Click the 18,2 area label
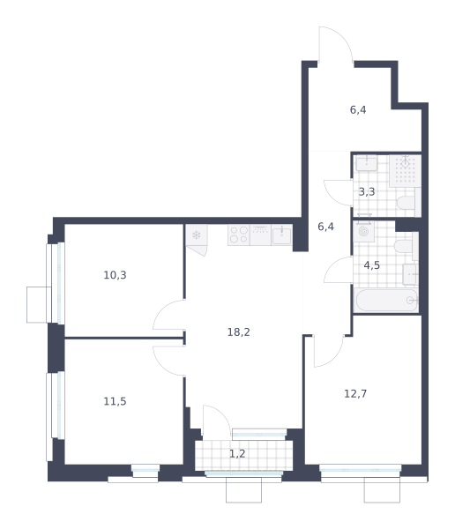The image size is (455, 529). tap(239, 332)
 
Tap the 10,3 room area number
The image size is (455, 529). tap(115, 275)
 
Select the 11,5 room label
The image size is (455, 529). tap(115, 401)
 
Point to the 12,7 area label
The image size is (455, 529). tap(355, 394)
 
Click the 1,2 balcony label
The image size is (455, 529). tap(237, 454)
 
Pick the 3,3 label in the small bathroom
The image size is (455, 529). tap(367, 192)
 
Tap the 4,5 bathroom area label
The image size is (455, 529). tap(371, 265)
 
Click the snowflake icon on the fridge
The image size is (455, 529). tap(196, 235)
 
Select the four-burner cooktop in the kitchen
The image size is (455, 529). tap(239, 235)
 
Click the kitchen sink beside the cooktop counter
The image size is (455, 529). tap(281, 235)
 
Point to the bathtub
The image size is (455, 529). tap(387, 301)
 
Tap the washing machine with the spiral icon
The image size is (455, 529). tap(363, 231)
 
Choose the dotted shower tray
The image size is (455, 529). tap(405, 171)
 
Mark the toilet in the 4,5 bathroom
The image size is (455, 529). tap(406, 246)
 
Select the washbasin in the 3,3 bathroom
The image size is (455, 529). tap(367, 163)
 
